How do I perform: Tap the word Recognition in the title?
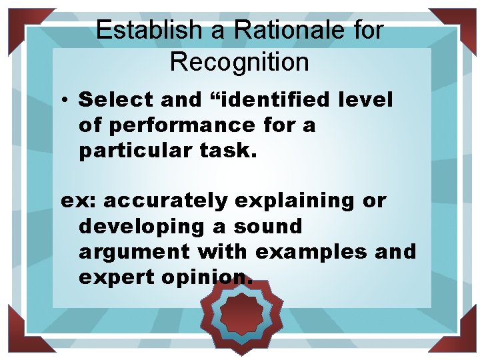tap(239, 62)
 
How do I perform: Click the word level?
tap(366, 100)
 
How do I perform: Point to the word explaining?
tap(296, 201)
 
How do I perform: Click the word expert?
tap(117, 277)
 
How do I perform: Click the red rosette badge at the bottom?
tap(242, 314)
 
